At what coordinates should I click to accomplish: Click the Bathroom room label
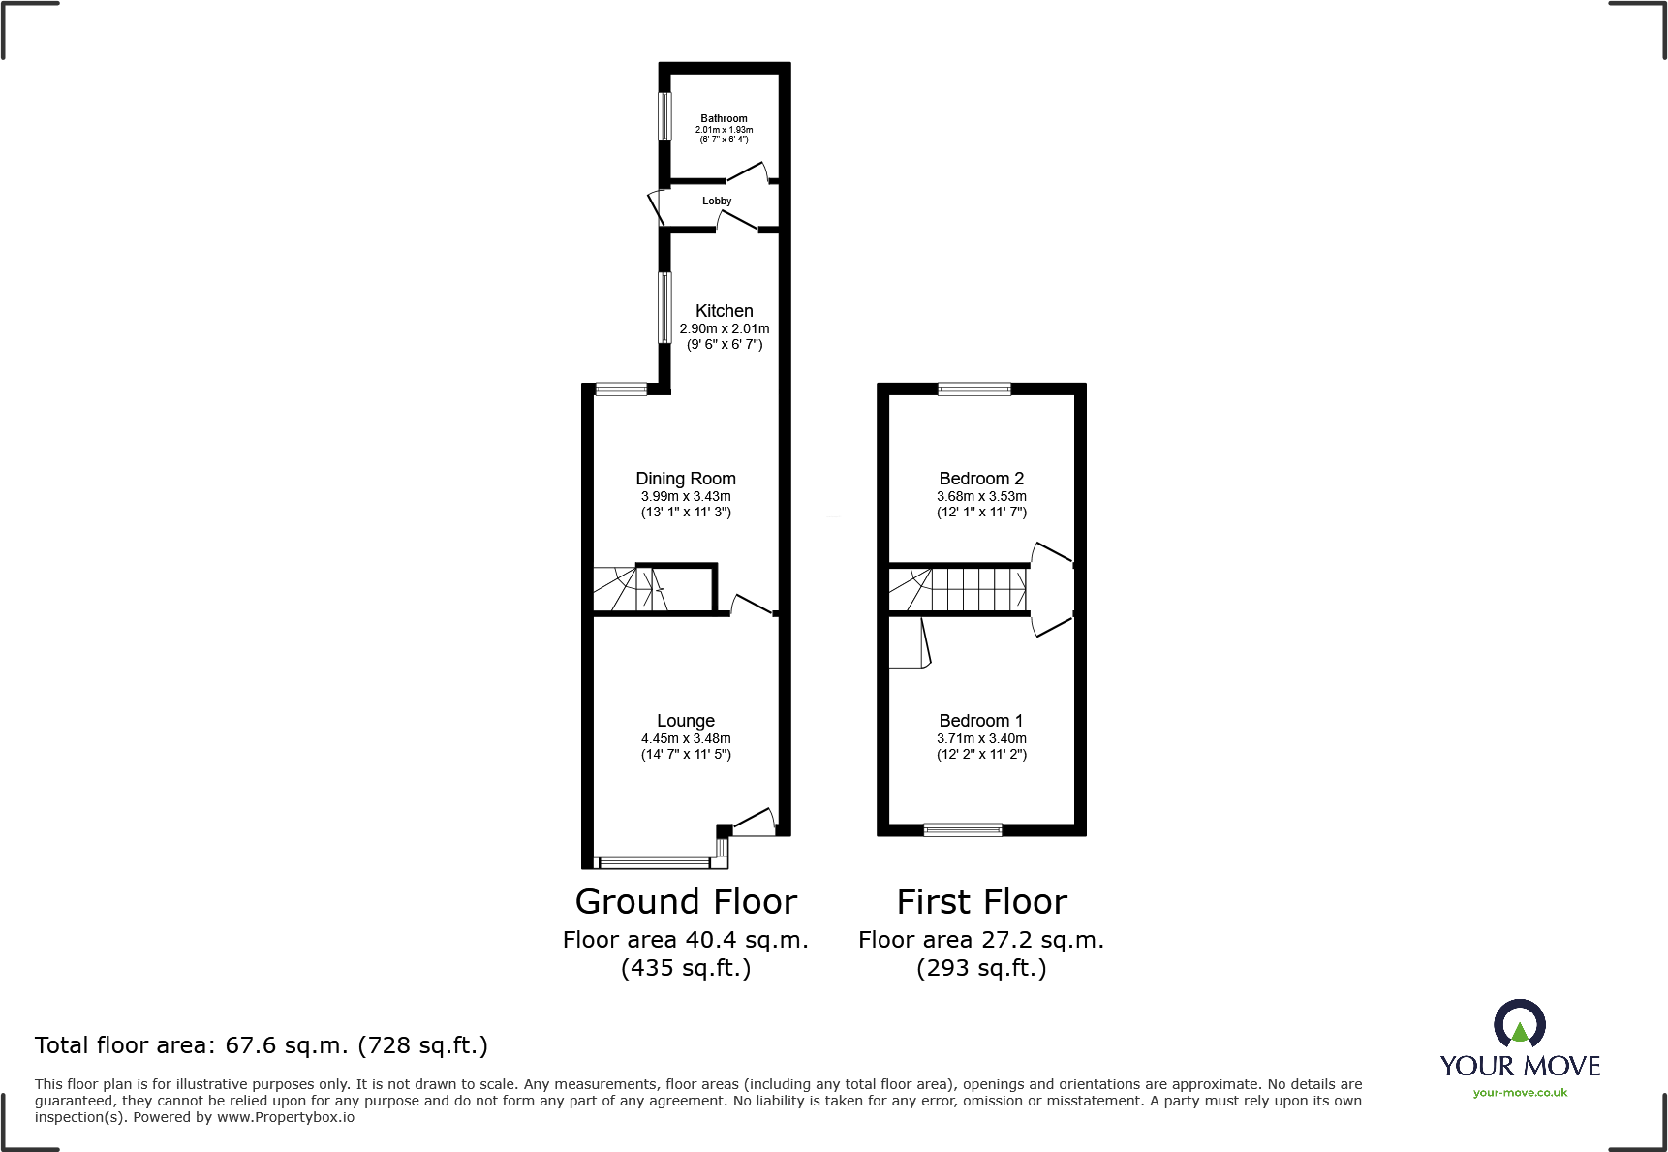coord(724,118)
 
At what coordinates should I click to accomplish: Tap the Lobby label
coord(717,201)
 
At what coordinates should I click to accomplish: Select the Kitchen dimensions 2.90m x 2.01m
coord(725,328)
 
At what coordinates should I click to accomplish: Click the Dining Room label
coord(686,478)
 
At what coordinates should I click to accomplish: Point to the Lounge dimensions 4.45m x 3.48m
coord(686,738)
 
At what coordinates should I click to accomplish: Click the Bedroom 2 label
coord(981,478)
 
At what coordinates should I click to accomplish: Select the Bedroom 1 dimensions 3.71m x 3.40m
coord(981,738)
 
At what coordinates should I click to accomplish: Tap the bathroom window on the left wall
coord(664,115)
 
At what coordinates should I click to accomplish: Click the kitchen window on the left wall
coord(664,307)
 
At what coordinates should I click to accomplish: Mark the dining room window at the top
coord(620,389)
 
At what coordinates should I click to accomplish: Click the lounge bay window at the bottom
coord(656,862)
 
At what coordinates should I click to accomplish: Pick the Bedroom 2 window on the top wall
coord(974,389)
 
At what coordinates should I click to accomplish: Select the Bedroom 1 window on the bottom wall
coord(963,830)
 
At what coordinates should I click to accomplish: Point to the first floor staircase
coord(959,589)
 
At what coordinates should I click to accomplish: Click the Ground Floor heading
coord(686,902)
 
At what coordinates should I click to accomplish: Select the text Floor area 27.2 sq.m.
coord(981,940)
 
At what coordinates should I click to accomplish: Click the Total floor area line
coord(262,1045)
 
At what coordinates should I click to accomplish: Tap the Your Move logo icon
coord(1519,1025)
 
